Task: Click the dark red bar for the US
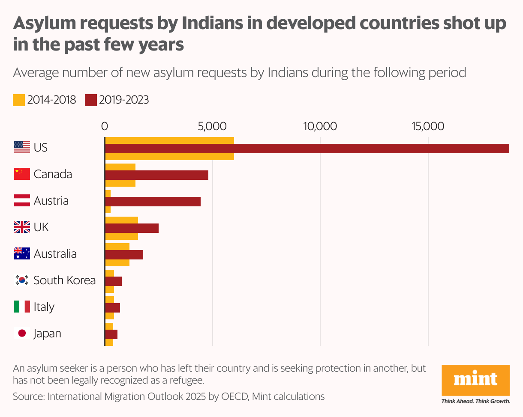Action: tap(307, 148)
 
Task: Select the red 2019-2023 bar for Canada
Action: tap(156, 175)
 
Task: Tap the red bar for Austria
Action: tap(153, 201)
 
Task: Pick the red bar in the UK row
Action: tap(132, 228)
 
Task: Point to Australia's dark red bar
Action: tap(124, 254)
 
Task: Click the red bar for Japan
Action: tap(111, 334)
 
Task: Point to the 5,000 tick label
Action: tap(212, 126)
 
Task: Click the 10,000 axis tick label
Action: tap(320, 126)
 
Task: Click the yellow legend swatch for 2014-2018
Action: tap(19, 100)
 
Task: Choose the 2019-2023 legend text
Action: tap(124, 100)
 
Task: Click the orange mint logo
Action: tap(476, 380)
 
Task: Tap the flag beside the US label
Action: tap(22, 148)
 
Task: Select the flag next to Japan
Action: tap(22, 334)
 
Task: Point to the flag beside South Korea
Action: tap(22, 280)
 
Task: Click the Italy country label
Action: tap(44, 307)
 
